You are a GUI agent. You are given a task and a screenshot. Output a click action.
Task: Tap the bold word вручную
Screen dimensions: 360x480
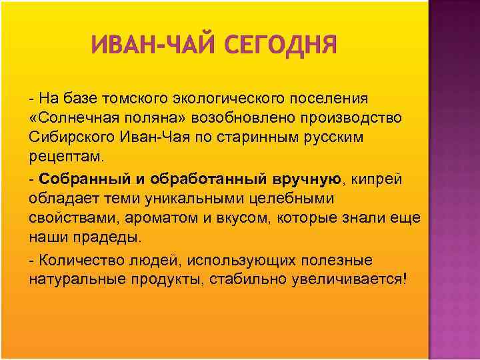307,179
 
